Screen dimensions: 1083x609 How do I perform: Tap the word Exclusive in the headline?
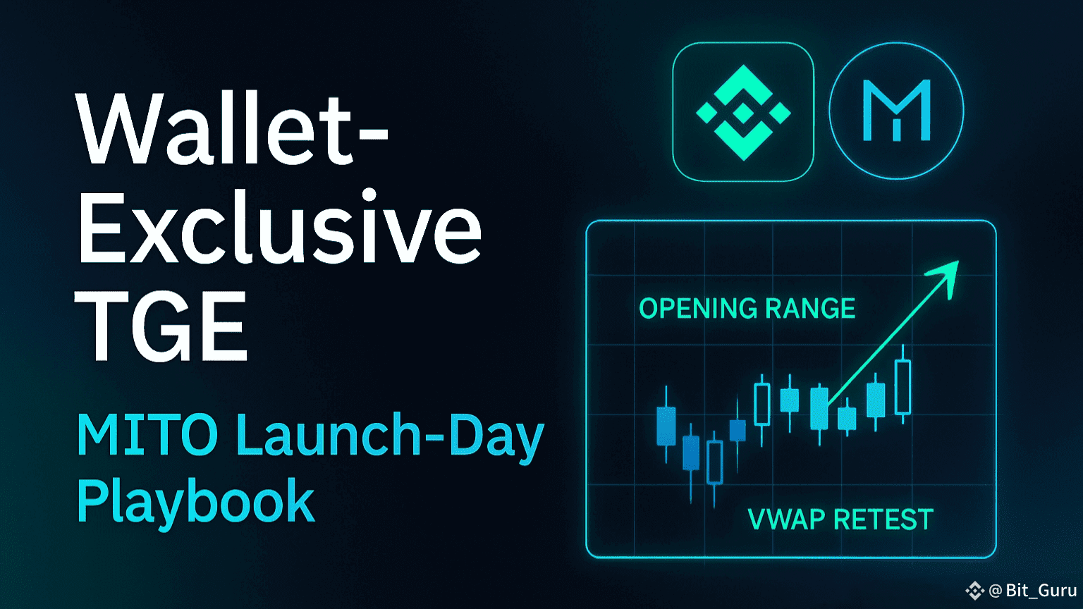point(279,226)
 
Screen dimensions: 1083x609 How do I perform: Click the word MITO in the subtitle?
point(147,434)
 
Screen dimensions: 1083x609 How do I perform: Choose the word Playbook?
point(196,502)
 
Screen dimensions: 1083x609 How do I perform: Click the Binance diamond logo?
point(743,112)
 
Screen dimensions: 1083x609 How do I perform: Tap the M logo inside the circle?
point(896,111)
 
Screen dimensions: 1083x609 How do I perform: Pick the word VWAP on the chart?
point(787,519)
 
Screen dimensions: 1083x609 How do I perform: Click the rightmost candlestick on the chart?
point(902,384)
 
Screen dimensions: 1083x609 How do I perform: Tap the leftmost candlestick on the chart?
point(666,424)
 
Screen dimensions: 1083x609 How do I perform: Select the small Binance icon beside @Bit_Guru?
point(974,590)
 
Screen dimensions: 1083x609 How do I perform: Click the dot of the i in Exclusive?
point(369,195)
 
